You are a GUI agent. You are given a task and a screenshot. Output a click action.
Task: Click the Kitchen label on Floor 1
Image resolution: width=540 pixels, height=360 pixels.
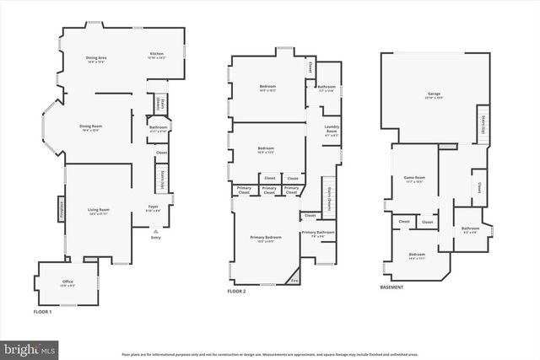[x=156, y=55]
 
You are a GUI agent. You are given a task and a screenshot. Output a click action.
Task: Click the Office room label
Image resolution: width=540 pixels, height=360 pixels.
[x=67, y=282]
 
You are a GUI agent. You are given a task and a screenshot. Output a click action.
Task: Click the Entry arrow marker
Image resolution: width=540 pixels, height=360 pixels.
[x=154, y=230]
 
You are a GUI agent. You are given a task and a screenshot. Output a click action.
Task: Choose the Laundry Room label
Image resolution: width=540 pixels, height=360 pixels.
[x=332, y=131]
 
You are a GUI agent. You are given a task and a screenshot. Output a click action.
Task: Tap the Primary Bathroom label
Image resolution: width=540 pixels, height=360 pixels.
[x=318, y=234]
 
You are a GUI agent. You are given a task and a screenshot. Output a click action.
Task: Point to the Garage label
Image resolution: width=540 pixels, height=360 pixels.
[x=434, y=94]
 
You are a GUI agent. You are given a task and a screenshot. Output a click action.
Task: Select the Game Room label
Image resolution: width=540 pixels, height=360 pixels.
[x=413, y=180]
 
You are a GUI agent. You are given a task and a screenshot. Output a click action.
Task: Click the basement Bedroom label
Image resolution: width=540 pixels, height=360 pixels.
[x=417, y=255]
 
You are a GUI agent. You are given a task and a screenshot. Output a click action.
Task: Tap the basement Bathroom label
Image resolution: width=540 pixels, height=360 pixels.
[x=470, y=230]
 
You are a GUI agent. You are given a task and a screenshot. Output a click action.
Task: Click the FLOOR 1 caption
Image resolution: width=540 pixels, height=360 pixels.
[x=42, y=312]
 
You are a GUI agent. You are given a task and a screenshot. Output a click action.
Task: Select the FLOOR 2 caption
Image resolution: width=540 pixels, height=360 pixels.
[x=236, y=292]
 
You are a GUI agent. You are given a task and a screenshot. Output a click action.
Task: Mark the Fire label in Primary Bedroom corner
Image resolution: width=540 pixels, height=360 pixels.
[x=294, y=279]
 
